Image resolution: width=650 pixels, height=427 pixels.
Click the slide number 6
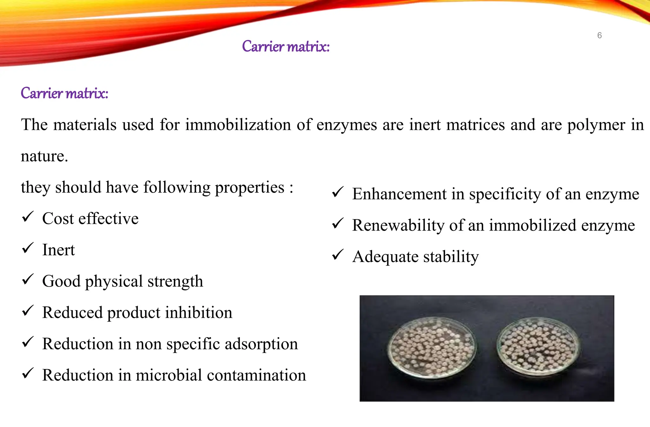tap(599, 35)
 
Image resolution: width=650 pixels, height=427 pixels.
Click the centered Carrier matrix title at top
tap(286, 47)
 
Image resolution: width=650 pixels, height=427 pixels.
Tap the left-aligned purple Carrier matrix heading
tap(64, 93)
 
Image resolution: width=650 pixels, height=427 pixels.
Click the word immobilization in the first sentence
tap(238, 124)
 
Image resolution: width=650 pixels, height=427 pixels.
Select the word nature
tap(44, 156)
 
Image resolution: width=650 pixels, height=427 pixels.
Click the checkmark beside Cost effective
tap(28, 217)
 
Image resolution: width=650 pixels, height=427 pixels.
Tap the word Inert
tap(58, 250)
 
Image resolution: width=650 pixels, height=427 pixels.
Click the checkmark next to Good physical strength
tap(28, 280)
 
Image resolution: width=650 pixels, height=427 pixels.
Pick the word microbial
tap(169, 375)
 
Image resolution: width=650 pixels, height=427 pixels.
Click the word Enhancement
tap(399, 194)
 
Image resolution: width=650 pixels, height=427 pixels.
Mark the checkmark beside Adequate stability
tap(338, 255)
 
